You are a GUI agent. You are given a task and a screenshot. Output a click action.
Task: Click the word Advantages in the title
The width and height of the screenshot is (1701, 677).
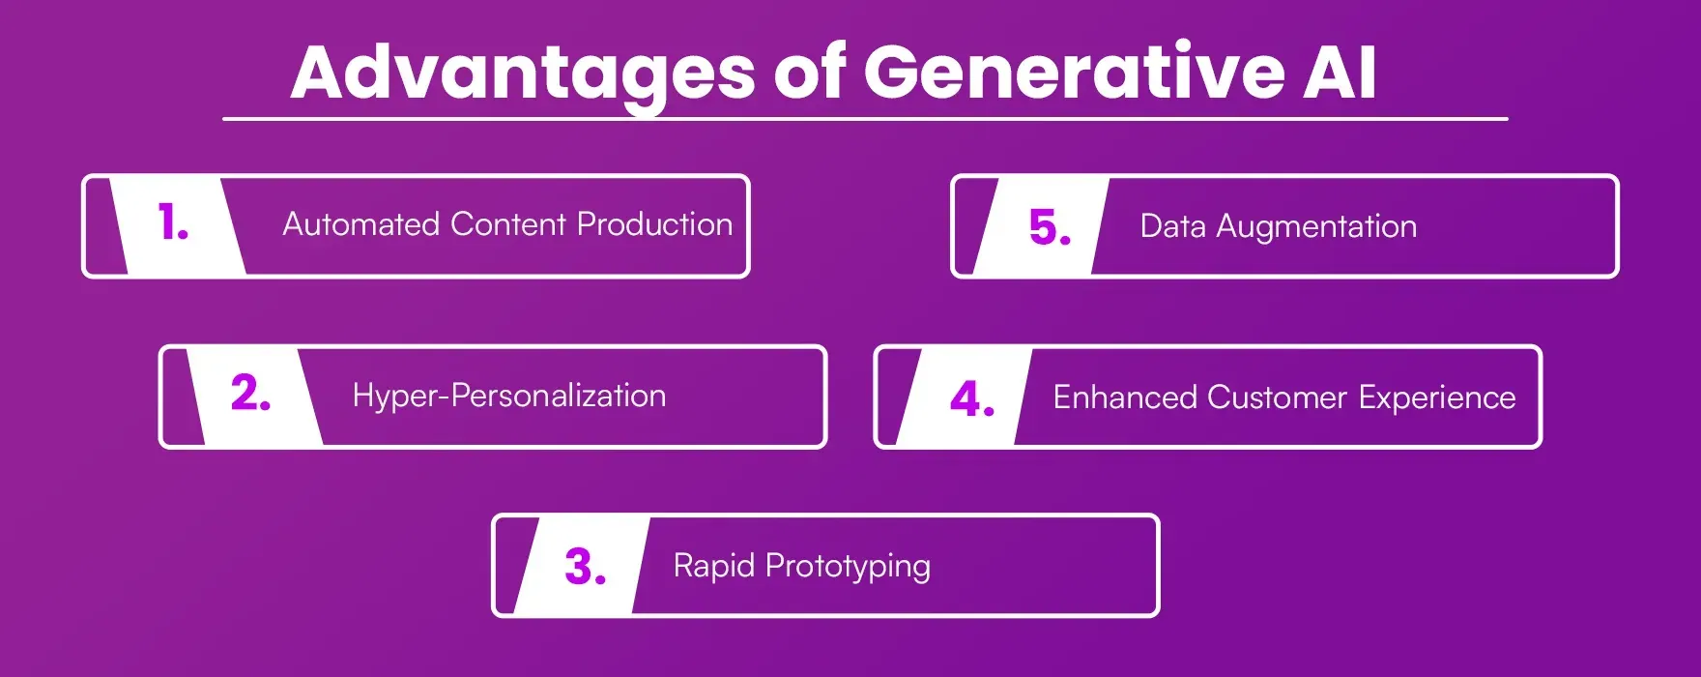[522, 74]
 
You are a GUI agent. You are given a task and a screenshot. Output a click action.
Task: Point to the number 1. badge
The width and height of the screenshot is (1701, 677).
[174, 223]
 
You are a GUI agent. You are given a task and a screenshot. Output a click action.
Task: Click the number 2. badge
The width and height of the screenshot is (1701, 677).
[250, 394]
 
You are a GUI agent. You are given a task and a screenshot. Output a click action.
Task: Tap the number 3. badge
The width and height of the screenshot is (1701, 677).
[585, 567]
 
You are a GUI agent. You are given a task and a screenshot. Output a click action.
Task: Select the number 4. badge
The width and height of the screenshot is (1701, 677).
[971, 398]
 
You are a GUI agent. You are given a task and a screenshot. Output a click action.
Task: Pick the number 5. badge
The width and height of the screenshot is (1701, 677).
[1050, 228]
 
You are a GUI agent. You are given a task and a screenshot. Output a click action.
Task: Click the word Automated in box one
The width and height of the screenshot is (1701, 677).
[361, 224]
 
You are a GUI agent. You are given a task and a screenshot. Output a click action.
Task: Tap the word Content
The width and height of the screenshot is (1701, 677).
[508, 224]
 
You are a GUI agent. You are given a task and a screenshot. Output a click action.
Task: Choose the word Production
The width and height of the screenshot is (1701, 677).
[654, 224]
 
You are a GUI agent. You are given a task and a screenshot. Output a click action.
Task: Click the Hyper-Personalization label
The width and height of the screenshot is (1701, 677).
[509, 396]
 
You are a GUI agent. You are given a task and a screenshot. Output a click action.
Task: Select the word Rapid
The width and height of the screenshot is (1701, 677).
[713, 565]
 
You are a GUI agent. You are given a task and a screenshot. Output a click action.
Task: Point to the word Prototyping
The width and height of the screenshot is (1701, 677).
[848, 567]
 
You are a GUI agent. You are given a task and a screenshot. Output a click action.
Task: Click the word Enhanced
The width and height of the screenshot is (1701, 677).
[1125, 397]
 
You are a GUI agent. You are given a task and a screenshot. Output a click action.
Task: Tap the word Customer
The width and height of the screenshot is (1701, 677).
[1277, 397]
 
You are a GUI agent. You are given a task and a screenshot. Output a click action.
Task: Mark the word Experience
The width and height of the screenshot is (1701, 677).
[1437, 397]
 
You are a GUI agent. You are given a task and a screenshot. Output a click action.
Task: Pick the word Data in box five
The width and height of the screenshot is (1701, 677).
[1172, 226]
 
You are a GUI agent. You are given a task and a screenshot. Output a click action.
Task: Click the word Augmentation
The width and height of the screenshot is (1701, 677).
[1316, 227]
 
